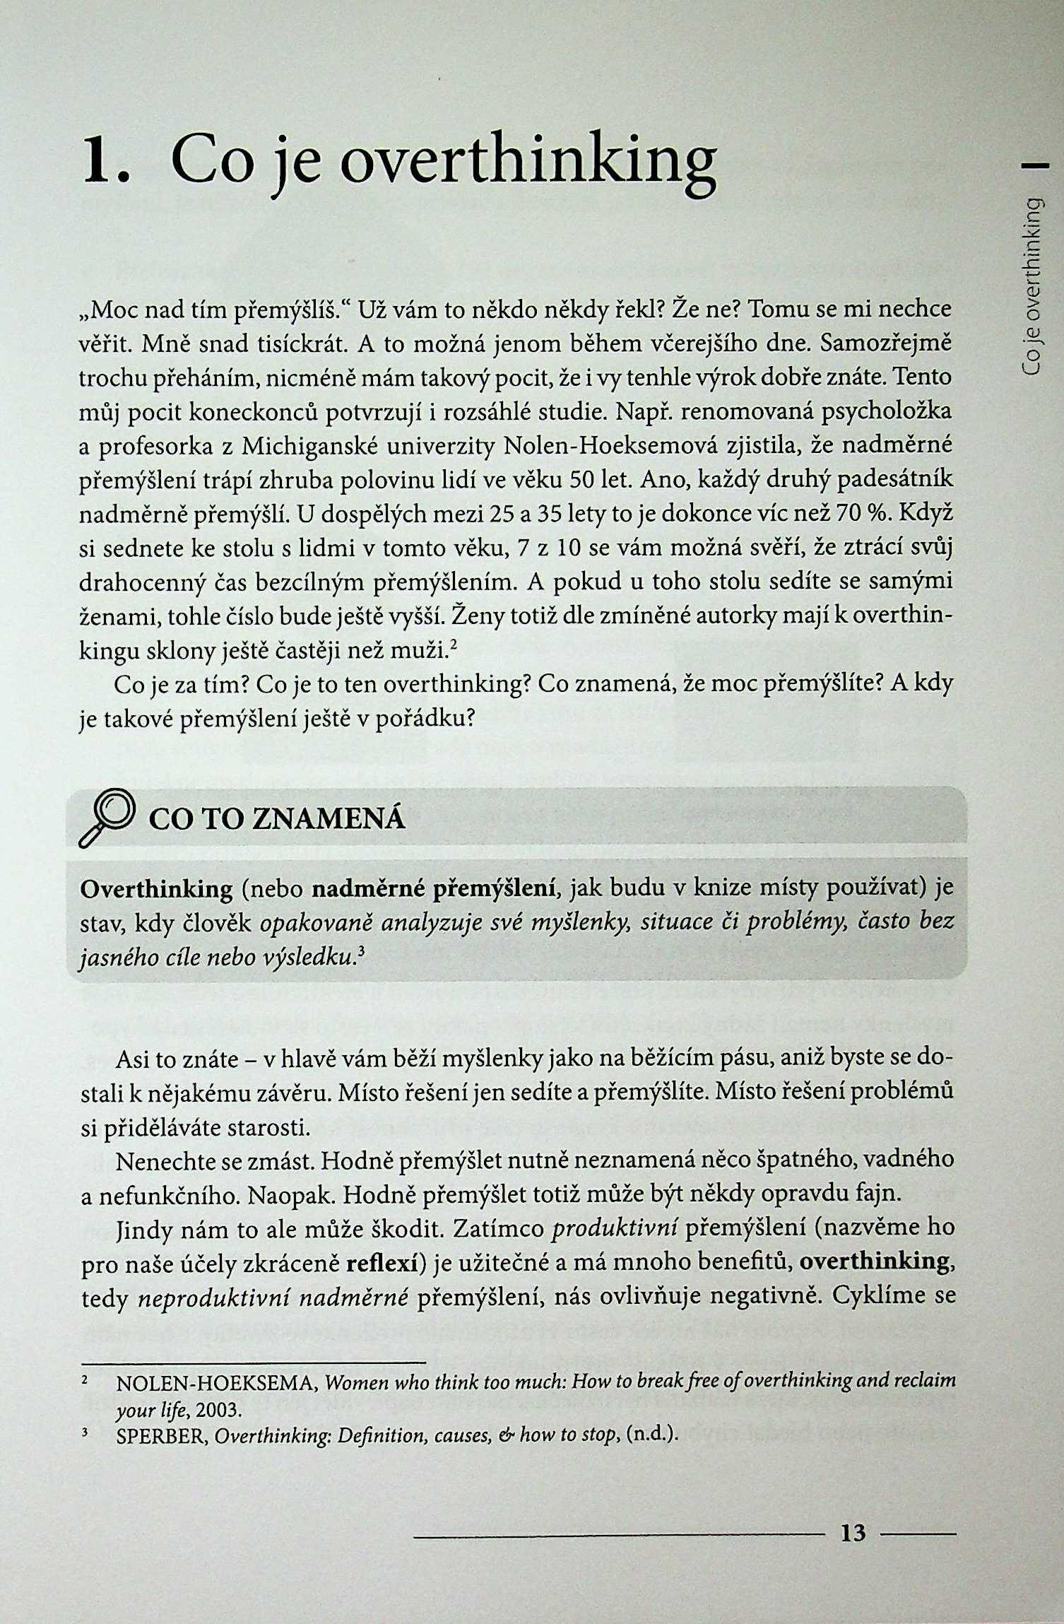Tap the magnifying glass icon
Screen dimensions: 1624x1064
coord(107,817)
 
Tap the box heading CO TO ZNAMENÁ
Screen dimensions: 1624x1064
coord(277,819)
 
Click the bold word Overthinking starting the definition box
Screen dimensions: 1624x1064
coord(156,889)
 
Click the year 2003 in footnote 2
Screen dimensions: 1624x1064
coord(219,1410)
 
